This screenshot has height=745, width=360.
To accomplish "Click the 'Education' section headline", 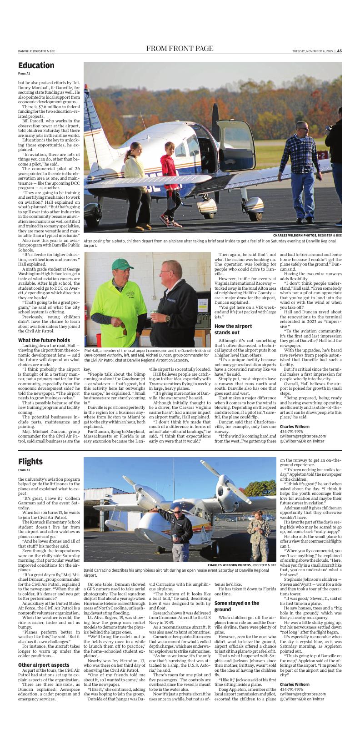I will [x=36, y=65].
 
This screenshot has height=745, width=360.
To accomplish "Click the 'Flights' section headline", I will [x=30, y=462].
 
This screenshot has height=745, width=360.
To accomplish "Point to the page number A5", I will [x=339, y=51].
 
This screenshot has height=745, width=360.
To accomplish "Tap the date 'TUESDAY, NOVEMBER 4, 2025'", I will [x=313, y=51].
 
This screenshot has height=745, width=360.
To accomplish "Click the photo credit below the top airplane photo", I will [x=307, y=236].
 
